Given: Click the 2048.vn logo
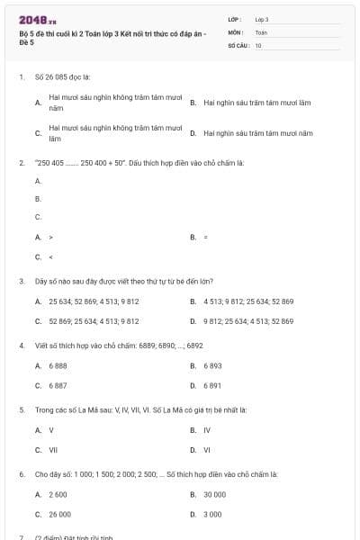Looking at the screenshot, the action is [x=38, y=19].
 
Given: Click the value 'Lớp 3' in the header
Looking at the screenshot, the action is [x=262, y=18].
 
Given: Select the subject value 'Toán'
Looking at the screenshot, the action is [x=261, y=31].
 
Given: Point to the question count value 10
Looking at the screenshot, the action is [x=258, y=44].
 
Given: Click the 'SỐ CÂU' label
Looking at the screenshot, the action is [x=238, y=44].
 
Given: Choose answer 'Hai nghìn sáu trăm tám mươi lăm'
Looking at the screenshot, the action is [x=256, y=103].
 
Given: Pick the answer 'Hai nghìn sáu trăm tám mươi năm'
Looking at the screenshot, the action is [x=257, y=133].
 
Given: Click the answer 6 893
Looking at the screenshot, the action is [x=212, y=366].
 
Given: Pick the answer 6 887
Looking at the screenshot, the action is [x=58, y=385].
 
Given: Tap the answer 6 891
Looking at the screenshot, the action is [x=212, y=385].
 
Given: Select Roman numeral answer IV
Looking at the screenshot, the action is [x=207, y=430].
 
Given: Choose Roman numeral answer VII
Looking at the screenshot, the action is [x=53, y=449].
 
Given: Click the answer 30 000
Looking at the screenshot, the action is [x=214, y=495].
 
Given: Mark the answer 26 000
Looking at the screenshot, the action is [x=59, y=514].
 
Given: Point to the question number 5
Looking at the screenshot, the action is [x=21, y=409].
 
